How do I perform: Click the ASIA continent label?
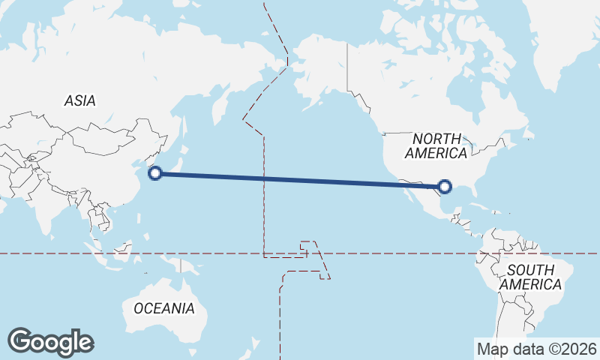[79, 100]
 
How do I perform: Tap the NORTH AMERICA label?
[436, 145]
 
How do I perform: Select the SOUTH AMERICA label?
[530, 277]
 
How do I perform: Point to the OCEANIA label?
[163, 308]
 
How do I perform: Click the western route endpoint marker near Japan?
[155, 174]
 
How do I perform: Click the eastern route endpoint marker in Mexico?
[445, 187]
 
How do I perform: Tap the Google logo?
[50, 342]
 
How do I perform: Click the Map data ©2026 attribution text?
[537, 349]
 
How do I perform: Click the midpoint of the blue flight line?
[300, 180]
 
